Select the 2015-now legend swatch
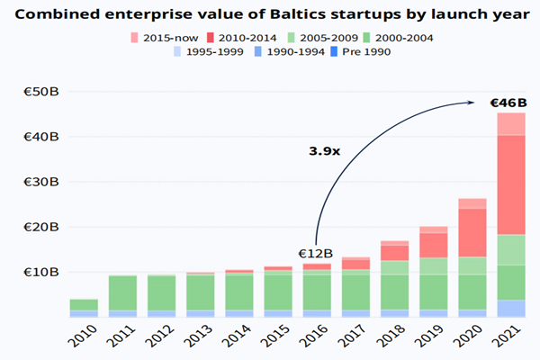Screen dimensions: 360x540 pyautogui.click(x=135, y=37)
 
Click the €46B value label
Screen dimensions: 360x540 pyautogui.click(x=508, y=103)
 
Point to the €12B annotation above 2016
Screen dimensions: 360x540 pyautogui.click(x=316, y=253)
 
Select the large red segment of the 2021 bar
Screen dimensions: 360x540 pyautogui.click(x=511, y=184)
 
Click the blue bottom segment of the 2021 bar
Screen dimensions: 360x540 pyautogui.click(x=511, y=308)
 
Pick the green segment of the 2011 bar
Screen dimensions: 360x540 pyautogui.click(x=123, y=292)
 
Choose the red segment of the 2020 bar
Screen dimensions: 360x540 pyautogui.click(x=472, y=232)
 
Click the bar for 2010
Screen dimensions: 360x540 pyautogui.click(x=84, y=308)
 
